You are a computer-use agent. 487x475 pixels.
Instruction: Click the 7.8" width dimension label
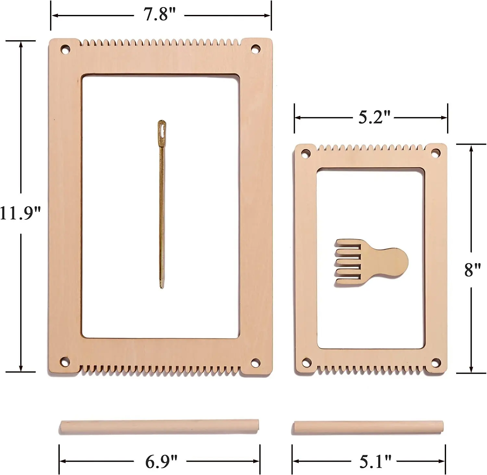coord(159,15)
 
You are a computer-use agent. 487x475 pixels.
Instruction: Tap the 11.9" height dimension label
coord(20,213)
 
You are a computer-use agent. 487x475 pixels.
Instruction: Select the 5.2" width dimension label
coord(374,117)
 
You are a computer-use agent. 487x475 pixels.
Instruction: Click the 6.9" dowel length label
coord(161,461)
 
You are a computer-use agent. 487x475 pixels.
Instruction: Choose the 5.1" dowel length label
coord(375,461)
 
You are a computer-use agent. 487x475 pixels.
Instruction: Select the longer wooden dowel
coord(159,427)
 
